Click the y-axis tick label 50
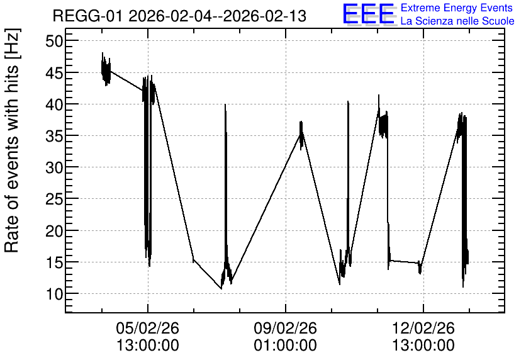coord(54,41)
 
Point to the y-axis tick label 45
coord(54,72)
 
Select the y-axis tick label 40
coord(54,104)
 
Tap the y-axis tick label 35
coord(54,135)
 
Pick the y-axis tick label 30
coord(54,167)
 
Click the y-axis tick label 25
coord(54,199)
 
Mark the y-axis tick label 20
coord(54,230)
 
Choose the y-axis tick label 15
coord(54,262)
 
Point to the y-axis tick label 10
coord(54,293)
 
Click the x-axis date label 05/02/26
coord(148,328)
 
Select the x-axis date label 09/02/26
coord(286,328)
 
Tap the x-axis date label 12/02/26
coord(423,328)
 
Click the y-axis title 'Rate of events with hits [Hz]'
coord(11,141)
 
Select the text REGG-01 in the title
coord(88,16)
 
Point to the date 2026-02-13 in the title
coord(265,16)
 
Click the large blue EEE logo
coord(369,14)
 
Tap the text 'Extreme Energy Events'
coord(457,8)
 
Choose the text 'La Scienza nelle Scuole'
coord(457,21)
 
